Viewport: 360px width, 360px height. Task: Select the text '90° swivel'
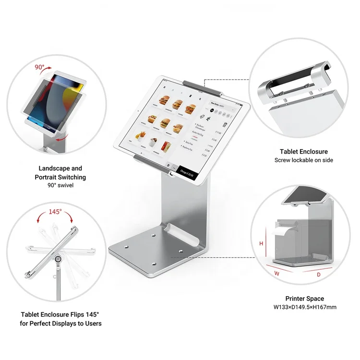[60, 185]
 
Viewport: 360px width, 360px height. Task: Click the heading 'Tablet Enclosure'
[304, 152]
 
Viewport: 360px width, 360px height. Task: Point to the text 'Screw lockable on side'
[304, 160]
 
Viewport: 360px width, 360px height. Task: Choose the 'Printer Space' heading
[304, 299]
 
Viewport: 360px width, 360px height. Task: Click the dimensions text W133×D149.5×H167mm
[304, 307]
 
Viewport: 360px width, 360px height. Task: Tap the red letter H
[262, 243]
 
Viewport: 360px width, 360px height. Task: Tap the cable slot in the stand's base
[181, 233]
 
